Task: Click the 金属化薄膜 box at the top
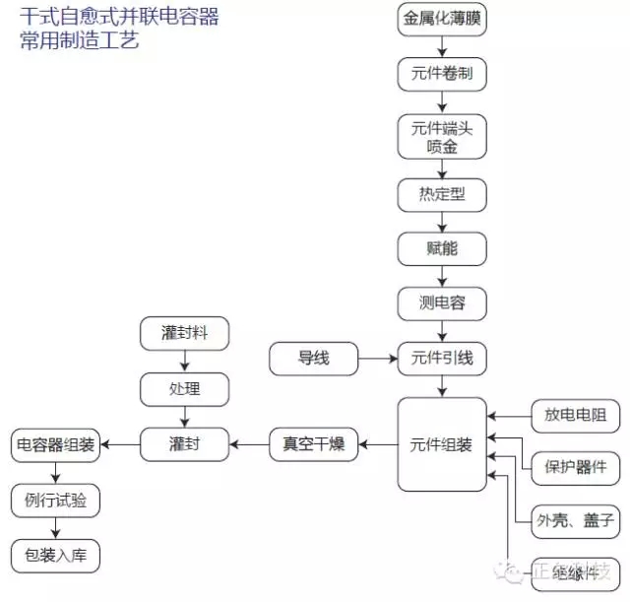pos(442,20)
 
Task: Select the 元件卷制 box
pos(442,73)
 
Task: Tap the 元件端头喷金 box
pos(442,136)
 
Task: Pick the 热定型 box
pos(442,194)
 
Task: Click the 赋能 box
pos(442,248)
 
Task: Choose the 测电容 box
pos(442,302)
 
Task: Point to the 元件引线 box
pos(442,358)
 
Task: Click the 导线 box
pos(314,358)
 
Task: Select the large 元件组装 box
pos(442,444)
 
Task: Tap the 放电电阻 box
pos(575,416)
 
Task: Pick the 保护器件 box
pos(575,466)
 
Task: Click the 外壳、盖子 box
pos(575,518)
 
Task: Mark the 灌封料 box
pos(184,334)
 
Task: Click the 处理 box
pos(184,389)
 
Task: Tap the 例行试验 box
pos(56,501)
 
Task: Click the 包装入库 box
pos(56,556)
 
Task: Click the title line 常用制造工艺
pos(79,40)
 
